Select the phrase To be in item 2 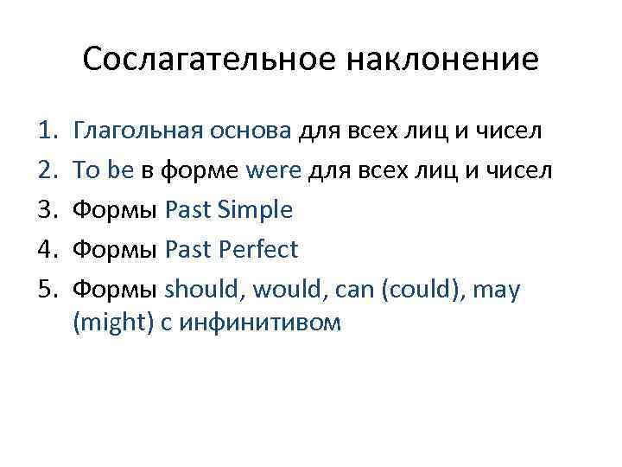[104, 171]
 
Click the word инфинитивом [250, 323]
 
